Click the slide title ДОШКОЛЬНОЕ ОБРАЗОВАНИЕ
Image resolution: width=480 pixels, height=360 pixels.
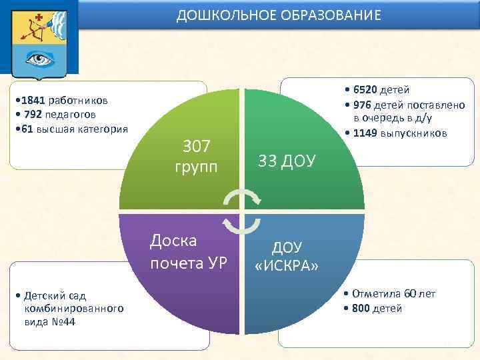(279, 15)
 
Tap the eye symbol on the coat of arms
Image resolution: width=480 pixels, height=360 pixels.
(39, 59)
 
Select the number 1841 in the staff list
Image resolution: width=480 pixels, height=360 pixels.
(33, 101)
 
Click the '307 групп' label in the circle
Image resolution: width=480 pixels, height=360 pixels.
(196, 155)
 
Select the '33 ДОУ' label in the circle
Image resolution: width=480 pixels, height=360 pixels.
(287, 161)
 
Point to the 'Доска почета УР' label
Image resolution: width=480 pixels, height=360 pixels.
(189, 251)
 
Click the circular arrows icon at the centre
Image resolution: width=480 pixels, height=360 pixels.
(242, 210)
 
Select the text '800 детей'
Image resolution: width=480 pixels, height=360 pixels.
(377, 308)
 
